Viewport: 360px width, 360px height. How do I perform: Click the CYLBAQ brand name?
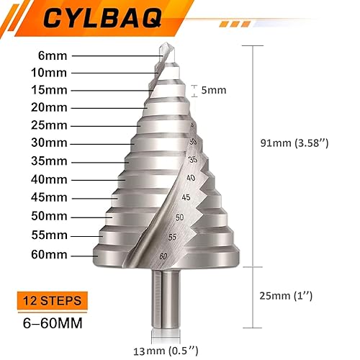pos(102,19)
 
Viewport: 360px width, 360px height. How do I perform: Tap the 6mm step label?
pos(53,55)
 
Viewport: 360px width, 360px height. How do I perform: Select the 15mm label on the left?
pos(49,90)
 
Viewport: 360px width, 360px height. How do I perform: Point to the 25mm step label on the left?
pos(49,125)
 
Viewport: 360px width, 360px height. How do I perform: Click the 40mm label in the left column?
pos(49,179)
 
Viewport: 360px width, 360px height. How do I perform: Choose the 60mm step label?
pos(49,255)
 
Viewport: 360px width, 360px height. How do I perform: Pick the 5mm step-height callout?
pos(214,90)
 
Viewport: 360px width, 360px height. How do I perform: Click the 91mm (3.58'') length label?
pos(294,143)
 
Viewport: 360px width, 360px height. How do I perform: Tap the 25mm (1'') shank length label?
pos(286,296)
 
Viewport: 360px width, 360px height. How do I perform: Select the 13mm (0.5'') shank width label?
pos(166,351)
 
